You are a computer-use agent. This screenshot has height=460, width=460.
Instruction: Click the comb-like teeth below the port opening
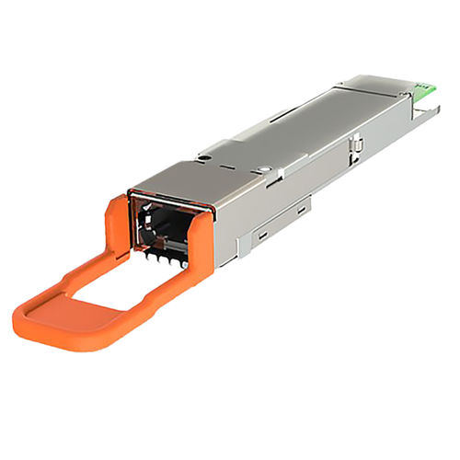pyautogui.click(x=166, y=259)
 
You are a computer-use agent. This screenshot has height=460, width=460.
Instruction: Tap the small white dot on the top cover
pyautogui.click(x=264, y=168)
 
